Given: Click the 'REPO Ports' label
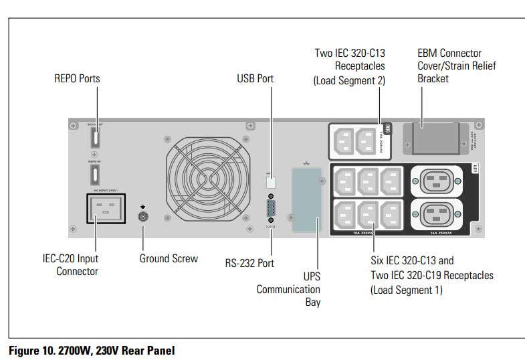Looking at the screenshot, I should pyautogui.click(x=77, y=79).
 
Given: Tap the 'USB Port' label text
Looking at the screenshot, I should pyautogui.click(x=255, y=79).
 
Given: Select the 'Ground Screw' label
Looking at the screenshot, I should pyautogui.click(x=169, y=258).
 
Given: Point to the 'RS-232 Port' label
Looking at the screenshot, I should pyautogui.click(x=249, y=263).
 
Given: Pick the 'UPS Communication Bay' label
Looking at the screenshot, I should pyautogui.click(x=289, y=289).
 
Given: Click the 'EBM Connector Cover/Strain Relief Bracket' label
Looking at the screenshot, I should pyautogui.click(x=457, y=66).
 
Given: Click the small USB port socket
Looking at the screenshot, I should pyautogui.click(x=270, y=181).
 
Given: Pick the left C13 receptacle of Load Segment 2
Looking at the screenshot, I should pyautogui.click(x=344, y=141).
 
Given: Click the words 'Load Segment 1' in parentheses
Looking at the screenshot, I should pyautogui.click(x=407, y=290).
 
